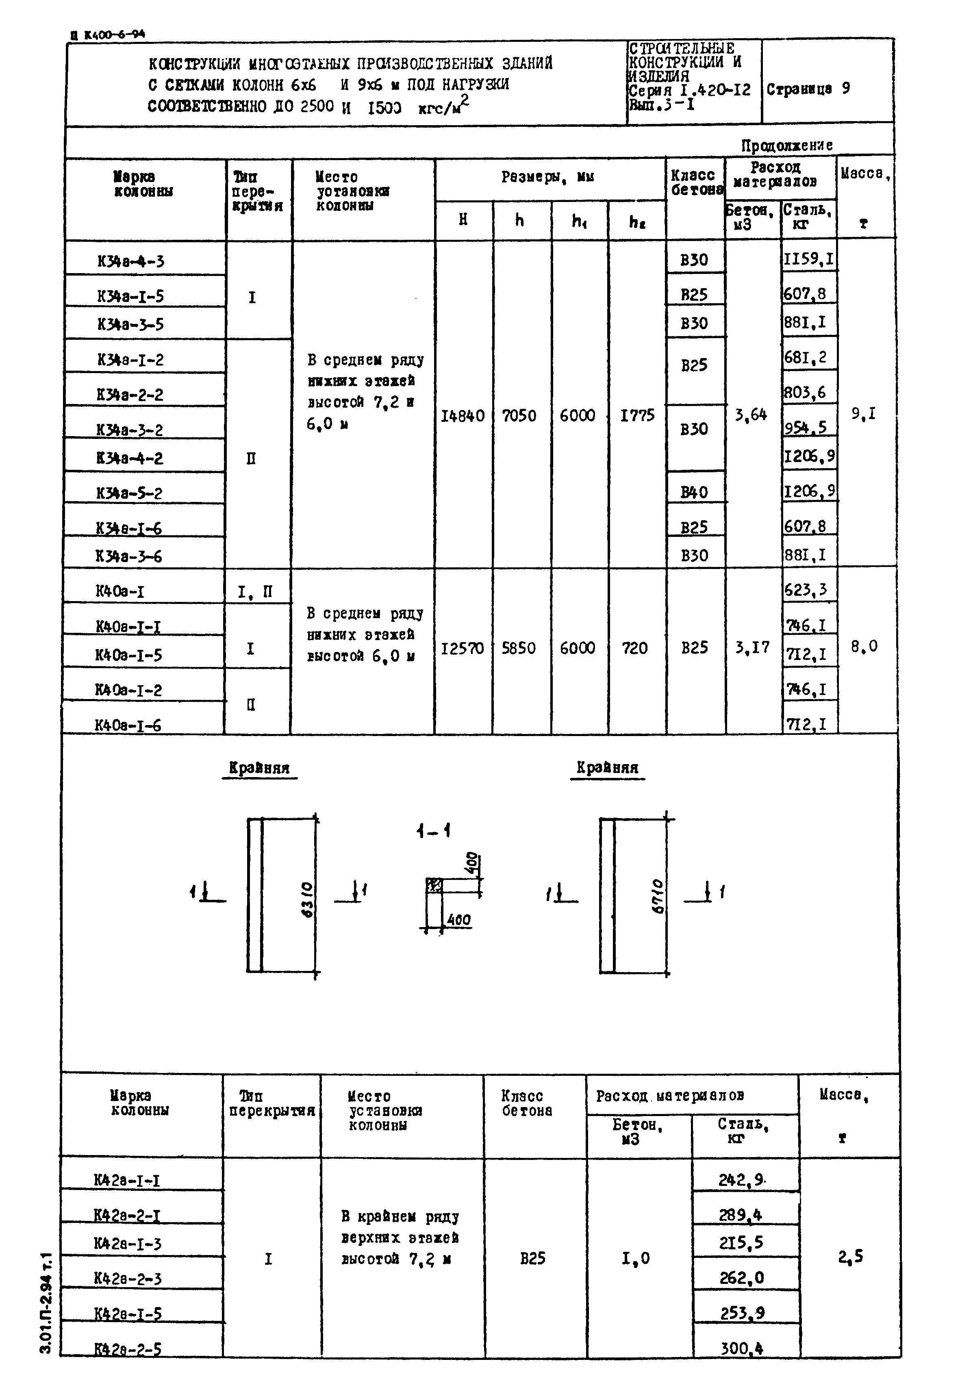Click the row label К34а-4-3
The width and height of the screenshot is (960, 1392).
130,261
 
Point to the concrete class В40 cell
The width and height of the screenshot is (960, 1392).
694,492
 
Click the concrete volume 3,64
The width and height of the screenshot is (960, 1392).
751,415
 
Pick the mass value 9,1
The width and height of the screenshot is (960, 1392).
863,414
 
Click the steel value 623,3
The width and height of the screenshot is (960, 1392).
806,591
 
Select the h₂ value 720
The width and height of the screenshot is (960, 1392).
634,648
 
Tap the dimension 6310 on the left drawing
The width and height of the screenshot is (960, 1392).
307,899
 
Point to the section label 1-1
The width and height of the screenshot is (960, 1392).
433,831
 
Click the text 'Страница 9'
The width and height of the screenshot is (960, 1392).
808,89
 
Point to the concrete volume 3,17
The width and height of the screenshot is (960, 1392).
752,647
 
